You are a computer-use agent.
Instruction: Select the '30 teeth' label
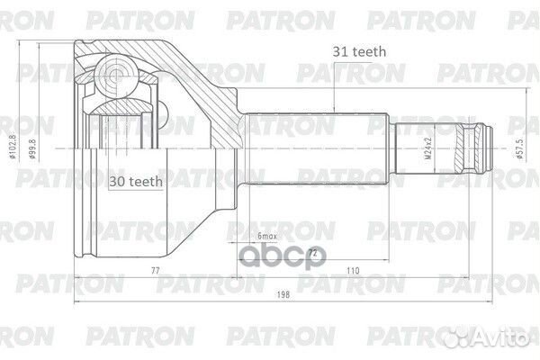coord(135,181)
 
